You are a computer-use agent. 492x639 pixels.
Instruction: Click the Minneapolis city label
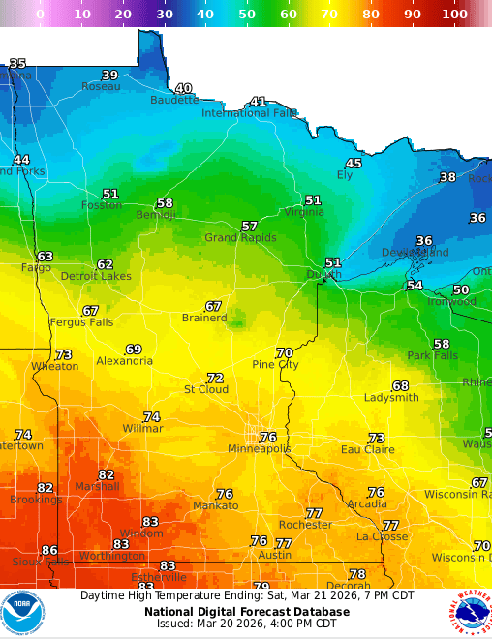[259, 449]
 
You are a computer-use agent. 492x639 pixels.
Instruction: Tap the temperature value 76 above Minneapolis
[268, 438]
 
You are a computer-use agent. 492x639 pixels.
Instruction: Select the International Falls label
[248, 113]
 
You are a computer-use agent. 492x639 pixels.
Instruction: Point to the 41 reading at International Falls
[258, 102]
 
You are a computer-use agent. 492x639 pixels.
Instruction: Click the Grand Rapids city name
[240, 237]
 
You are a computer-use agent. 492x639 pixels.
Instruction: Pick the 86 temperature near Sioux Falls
[49, 550]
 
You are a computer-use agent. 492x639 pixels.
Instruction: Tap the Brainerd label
[204, 318]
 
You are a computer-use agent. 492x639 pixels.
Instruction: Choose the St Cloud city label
[206, 389]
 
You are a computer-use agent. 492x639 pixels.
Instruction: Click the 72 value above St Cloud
[215, 378]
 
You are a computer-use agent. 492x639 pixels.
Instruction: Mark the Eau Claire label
[367, 449]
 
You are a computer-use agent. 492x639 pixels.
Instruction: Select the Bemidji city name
[155, 215]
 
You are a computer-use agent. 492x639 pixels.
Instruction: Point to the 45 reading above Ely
[354, 164]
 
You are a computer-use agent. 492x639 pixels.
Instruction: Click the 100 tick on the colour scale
[454, 15]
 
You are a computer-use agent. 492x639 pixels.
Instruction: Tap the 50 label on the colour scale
[247, 15]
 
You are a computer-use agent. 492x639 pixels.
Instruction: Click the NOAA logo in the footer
[22, 614]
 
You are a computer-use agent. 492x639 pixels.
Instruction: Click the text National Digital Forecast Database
[246, 612]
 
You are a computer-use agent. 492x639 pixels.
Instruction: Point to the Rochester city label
[305, 525]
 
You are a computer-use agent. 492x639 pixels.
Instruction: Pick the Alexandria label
[124, 361]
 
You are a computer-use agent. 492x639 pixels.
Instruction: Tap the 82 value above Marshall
[107, 474]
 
